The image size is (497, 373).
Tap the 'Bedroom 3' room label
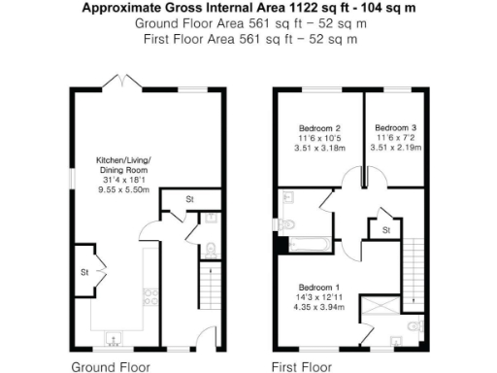click(395, 128)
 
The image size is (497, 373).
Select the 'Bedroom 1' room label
click(318, 288)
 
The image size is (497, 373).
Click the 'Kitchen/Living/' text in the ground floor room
click(122, 158)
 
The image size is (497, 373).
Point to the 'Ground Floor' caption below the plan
click(111, 367)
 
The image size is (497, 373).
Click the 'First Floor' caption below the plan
click(302, 367)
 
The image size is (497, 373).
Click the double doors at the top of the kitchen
click(121, 79)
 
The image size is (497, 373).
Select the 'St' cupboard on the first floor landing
click(384, 230)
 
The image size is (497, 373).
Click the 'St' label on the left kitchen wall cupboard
click(84, 273)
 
